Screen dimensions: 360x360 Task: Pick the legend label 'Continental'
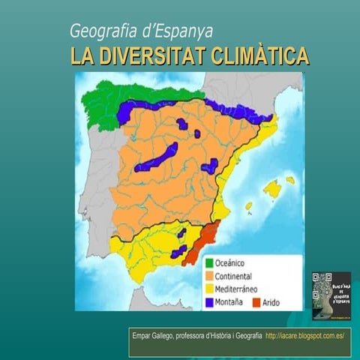coord(240,276)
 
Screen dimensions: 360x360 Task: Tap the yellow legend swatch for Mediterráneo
coord(211,289)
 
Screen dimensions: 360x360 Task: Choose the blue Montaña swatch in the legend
coord(211,301)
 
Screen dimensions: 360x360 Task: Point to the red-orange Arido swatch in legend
coord(255,301)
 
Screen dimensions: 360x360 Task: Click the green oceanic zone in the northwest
coord(112,101)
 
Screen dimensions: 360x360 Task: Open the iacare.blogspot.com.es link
coord(304,335)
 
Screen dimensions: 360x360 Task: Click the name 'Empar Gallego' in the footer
coord(152,335)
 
